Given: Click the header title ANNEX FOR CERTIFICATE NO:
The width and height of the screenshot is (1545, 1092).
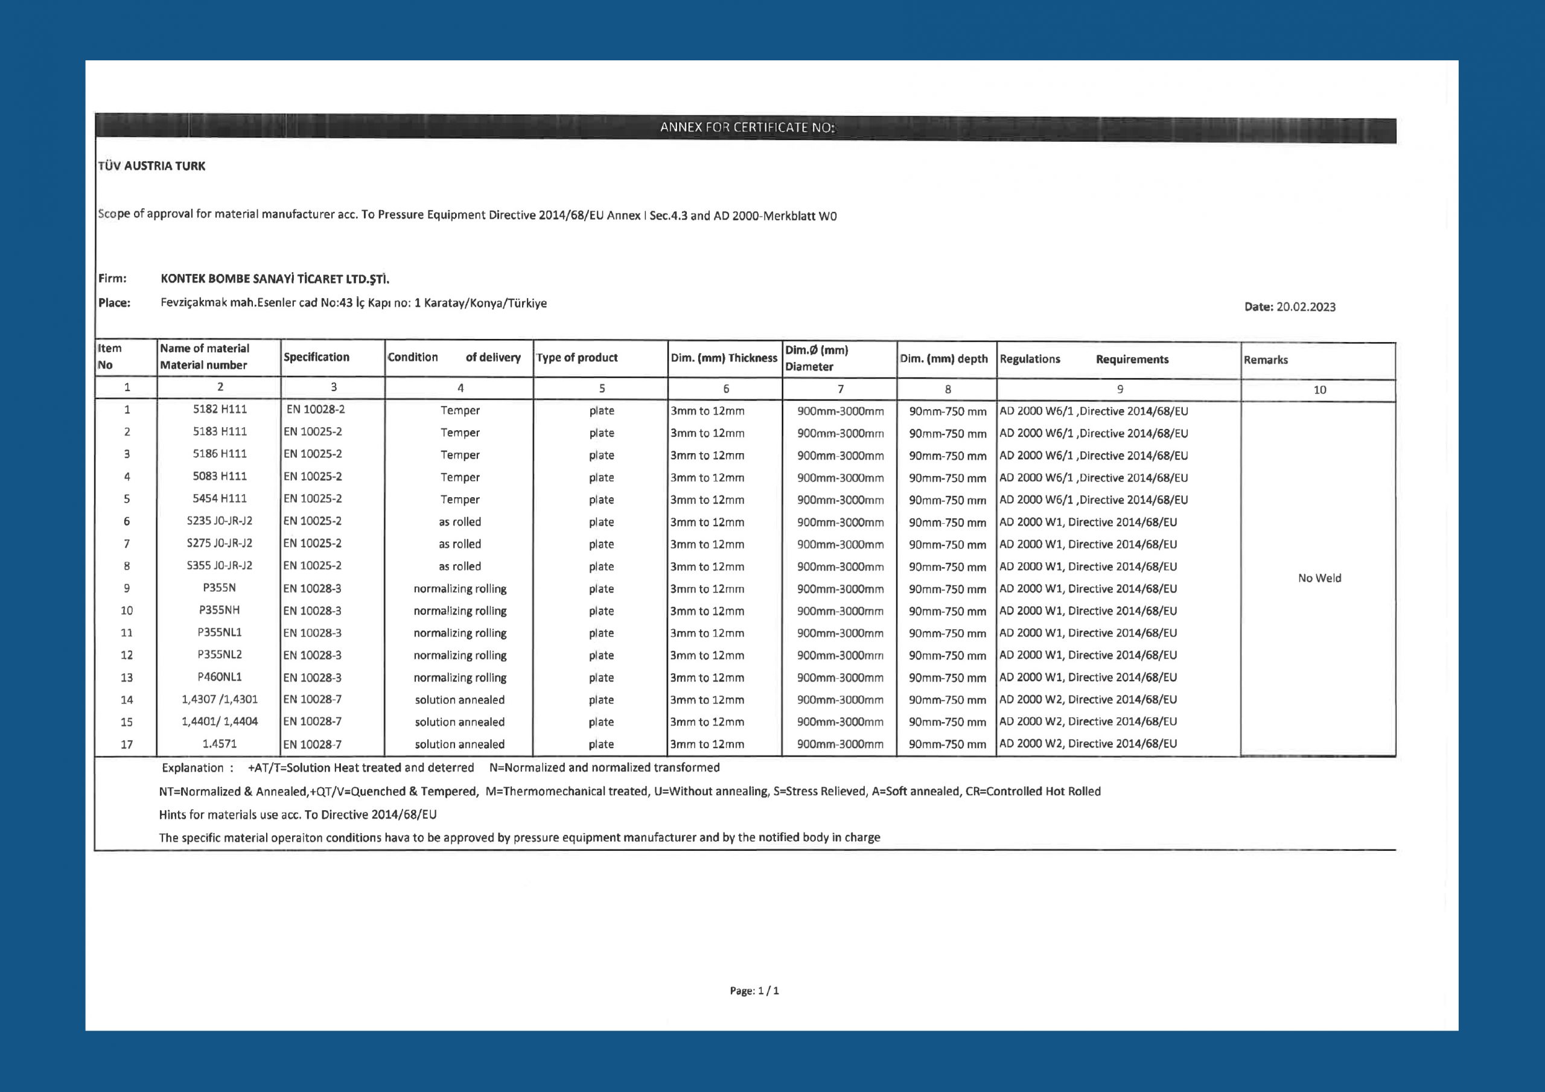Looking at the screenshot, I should [747, 127].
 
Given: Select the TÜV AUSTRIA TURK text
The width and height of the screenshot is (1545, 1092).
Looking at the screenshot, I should [152, 166].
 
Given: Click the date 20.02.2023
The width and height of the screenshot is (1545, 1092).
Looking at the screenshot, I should [1305, 307].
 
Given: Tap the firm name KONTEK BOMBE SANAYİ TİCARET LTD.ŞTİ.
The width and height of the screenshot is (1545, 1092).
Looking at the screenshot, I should [275, 279].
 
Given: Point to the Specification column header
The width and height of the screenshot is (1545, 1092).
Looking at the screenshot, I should [316, 357].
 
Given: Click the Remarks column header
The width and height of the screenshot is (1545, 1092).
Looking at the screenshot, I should [1265, 360].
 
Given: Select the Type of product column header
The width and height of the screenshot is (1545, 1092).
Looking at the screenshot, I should [577, 358].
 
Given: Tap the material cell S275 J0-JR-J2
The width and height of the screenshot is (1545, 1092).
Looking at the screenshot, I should [219, 543].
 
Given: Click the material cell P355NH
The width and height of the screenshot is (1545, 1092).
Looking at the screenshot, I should [219, 611].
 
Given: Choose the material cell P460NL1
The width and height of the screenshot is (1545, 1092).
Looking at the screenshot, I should [219, 677].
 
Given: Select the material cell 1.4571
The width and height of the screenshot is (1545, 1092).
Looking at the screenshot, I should [219, 744].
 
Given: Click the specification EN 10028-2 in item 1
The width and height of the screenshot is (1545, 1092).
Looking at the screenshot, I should [315, 409].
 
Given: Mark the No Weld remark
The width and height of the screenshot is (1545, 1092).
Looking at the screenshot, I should [1319, 578].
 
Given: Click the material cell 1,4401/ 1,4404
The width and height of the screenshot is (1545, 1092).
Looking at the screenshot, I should [219, 722].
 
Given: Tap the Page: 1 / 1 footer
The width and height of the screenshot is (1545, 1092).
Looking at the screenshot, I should [754, 991].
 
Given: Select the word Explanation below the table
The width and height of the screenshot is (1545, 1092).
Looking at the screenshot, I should [193, 767].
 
